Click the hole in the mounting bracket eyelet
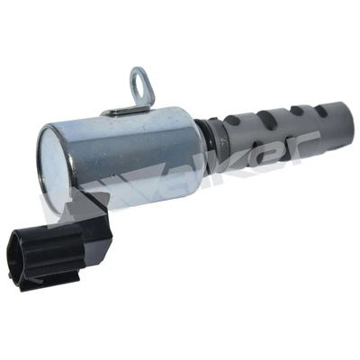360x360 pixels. pyautogui.click(x=139, y=83)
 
